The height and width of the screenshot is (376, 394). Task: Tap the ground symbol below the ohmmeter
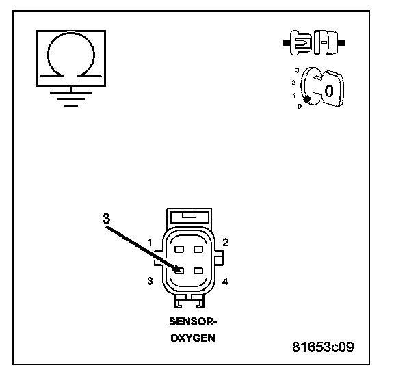71,96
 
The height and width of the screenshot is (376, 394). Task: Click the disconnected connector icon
314,42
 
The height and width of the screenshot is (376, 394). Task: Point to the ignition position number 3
298,70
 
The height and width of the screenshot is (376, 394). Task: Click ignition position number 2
293,83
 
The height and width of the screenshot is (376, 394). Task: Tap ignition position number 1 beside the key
295,96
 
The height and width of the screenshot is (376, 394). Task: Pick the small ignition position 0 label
300,106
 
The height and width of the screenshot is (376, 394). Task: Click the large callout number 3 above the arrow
106,219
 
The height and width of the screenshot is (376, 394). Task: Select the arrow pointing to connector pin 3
143,249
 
